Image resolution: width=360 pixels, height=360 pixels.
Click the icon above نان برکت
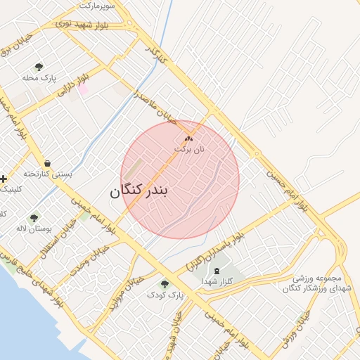tap(188, 139)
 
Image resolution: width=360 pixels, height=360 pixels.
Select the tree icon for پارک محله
tap(38, 67)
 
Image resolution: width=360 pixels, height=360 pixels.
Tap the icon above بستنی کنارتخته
tap(47, 162)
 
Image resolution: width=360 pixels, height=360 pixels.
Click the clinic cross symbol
tap(4, 179)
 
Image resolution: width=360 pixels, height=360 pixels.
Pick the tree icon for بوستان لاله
tap(33, 218)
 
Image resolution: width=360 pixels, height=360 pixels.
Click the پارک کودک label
tap(165, 295)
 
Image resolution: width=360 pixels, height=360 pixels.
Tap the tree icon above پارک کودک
tap(165, 284)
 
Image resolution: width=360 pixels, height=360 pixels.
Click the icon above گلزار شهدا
tap(217, 270)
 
